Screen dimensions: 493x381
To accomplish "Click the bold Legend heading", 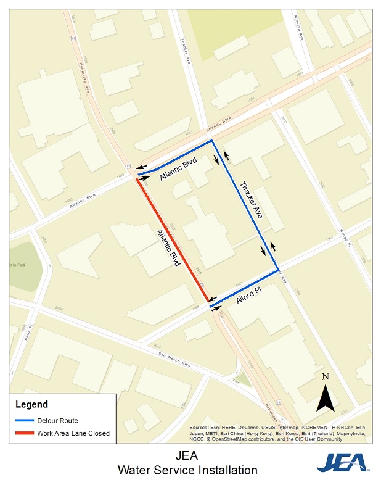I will [31, 405].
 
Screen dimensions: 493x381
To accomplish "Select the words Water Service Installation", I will [188, 471].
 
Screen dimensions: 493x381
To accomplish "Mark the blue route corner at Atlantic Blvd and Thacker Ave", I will [212, 141].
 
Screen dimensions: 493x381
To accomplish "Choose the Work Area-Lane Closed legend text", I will [73, 433].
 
